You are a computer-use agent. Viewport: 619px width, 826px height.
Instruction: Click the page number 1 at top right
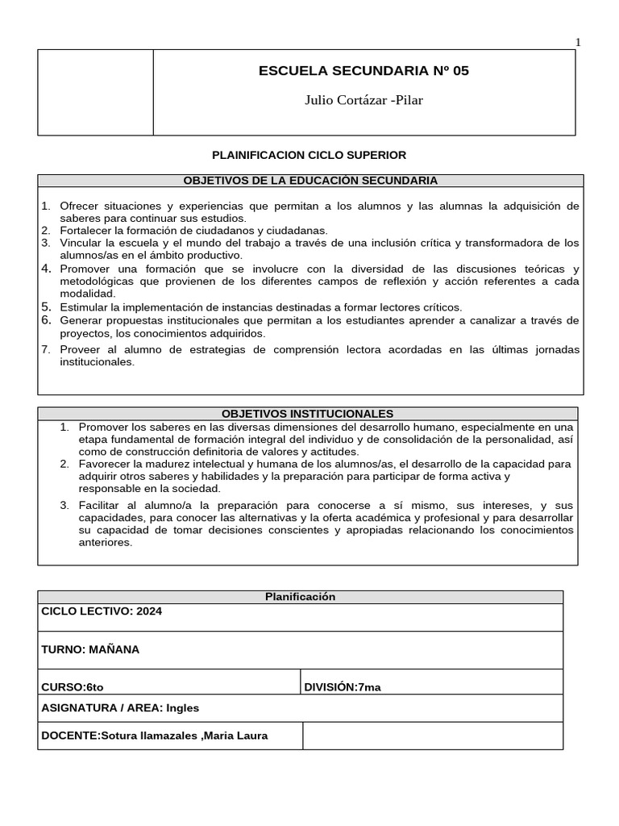577,43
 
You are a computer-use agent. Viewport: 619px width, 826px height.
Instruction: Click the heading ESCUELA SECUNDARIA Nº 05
363,71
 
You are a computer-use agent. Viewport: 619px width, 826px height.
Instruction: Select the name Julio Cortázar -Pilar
364,100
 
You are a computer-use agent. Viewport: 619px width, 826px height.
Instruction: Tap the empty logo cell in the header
95,92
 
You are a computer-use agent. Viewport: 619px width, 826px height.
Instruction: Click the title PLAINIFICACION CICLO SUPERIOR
309,154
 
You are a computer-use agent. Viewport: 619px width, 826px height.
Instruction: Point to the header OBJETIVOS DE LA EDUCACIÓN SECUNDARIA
310,181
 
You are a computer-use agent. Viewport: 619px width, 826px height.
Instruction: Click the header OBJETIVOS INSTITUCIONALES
307,414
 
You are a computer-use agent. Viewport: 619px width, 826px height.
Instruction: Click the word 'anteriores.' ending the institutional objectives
106,543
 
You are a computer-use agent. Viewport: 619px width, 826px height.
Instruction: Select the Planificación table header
300,597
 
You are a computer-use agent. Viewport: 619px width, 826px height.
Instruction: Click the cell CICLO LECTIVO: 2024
102,611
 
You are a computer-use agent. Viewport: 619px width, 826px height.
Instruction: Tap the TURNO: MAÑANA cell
90,649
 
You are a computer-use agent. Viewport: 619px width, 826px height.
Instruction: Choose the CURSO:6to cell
73,686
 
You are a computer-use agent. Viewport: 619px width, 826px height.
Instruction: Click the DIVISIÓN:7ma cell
343,686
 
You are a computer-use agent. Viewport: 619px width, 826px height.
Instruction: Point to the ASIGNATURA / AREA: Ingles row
120,708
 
